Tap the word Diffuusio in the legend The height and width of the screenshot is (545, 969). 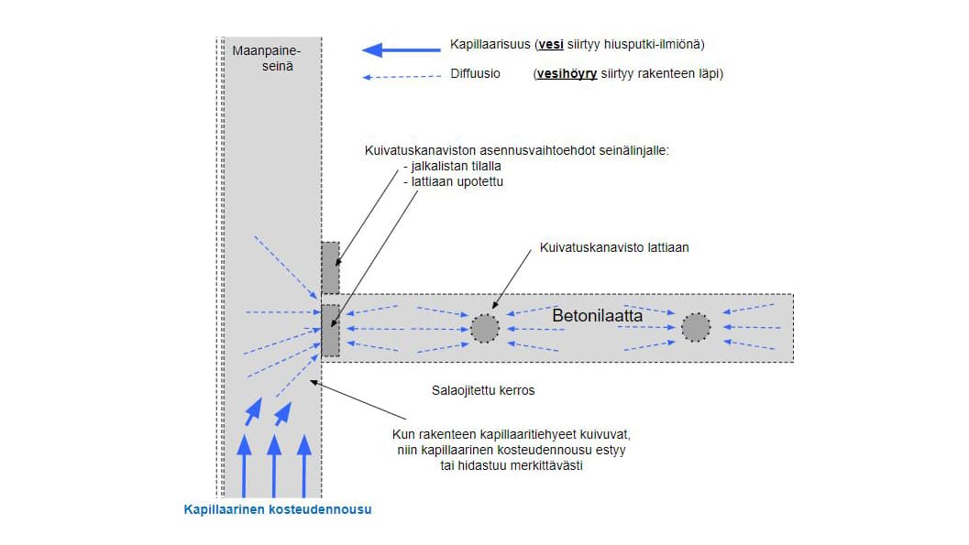coord(475,74)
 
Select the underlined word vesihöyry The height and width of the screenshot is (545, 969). coord(567,74)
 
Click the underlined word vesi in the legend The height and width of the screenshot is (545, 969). coord(550,44)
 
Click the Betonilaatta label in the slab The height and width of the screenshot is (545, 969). coord(597,315)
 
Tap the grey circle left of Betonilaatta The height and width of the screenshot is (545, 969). coord(485,327)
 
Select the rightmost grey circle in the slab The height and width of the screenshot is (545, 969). coord(696,327)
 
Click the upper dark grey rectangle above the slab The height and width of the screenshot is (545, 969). coord(330,267)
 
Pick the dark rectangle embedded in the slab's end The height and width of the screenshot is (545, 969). coord(331,330)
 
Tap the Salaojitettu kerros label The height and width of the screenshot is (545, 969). coord(483,390)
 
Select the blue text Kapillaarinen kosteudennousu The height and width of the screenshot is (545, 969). coord(278,509)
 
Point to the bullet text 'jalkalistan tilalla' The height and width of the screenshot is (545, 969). coord(452,168)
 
